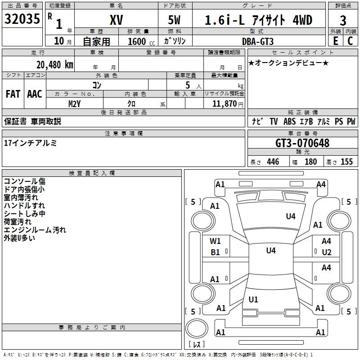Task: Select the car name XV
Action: click(x=116, y=20)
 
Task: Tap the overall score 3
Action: click(x=343, y=20)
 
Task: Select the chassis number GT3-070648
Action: click(x=302, y=143)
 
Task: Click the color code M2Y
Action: click(x=75, y=103)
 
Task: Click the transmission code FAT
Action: click(x=13, y=94)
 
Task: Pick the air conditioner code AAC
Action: click(x=34, y=94)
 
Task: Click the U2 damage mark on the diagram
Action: click(x=326, y=252)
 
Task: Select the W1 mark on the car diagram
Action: click(x=216, y=241)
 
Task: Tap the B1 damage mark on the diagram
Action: click(x=216, y=252)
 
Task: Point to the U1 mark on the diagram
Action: click(x=253, y=299)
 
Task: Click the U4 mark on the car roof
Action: click(x=270, y=251)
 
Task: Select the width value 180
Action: click(x=310, y=162)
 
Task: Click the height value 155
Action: click(x=346, y=162)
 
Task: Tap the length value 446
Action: click(x=273, y=162)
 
